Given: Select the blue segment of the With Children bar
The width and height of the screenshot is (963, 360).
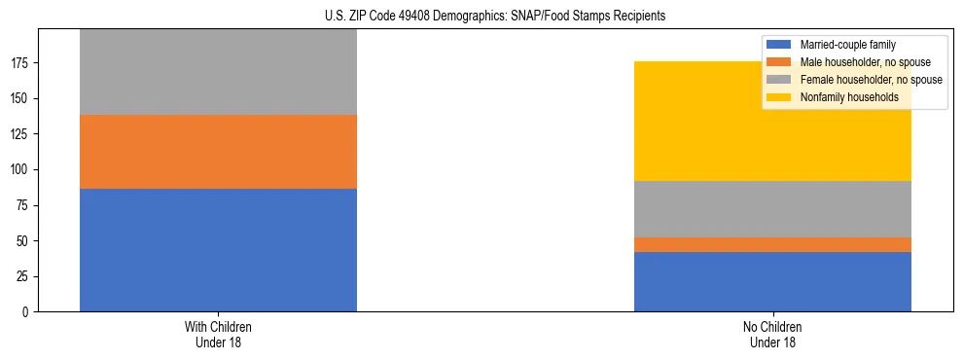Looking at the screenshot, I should click(x=218, y=250).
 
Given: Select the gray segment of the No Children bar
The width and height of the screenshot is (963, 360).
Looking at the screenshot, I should click(x=772, y=209).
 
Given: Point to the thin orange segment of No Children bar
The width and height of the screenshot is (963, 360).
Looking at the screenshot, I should click(x=772, y=244).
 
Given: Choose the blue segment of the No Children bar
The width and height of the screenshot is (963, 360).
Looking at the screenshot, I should click(x=772, y=281).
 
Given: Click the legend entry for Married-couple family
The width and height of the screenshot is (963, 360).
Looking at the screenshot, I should click(x=847, y=45).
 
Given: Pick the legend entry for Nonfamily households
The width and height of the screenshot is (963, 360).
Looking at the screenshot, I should click(x=849, y=97).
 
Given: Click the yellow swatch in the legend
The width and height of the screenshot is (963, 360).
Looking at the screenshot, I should click(x=780, y=97).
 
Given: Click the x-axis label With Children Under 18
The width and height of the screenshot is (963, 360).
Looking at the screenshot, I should click(x=218, y=334).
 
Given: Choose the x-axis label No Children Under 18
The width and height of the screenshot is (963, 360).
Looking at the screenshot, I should click(x=772, y=334).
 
